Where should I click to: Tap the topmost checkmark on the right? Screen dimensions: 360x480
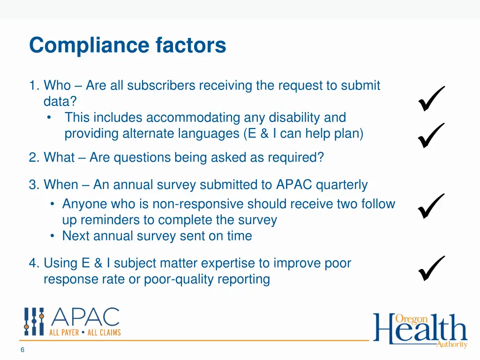point(430,98)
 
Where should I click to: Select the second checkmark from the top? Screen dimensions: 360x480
point(430,135)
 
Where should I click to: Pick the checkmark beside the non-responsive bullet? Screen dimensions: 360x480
point(430,206)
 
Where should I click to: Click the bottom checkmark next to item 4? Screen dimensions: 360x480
point(430,268)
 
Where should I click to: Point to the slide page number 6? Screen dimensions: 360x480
point(22,350)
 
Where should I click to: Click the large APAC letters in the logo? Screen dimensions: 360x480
point(85,318)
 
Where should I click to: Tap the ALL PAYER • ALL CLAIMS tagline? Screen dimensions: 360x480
point(85,332)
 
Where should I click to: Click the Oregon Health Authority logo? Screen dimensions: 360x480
point(420,330)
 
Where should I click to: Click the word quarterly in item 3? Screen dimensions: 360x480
point(342,185)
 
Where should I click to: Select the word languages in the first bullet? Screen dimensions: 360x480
point(209,134)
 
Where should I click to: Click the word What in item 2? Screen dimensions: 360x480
point(59,157)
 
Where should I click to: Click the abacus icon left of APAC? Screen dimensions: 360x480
point(34,322)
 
